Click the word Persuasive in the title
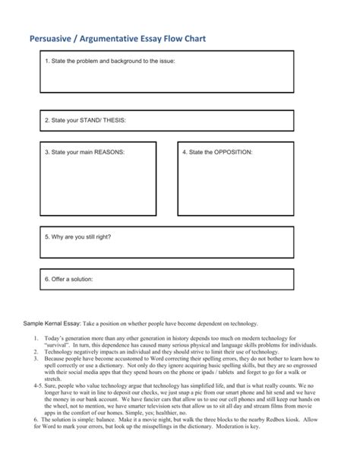tap(54, 38)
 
